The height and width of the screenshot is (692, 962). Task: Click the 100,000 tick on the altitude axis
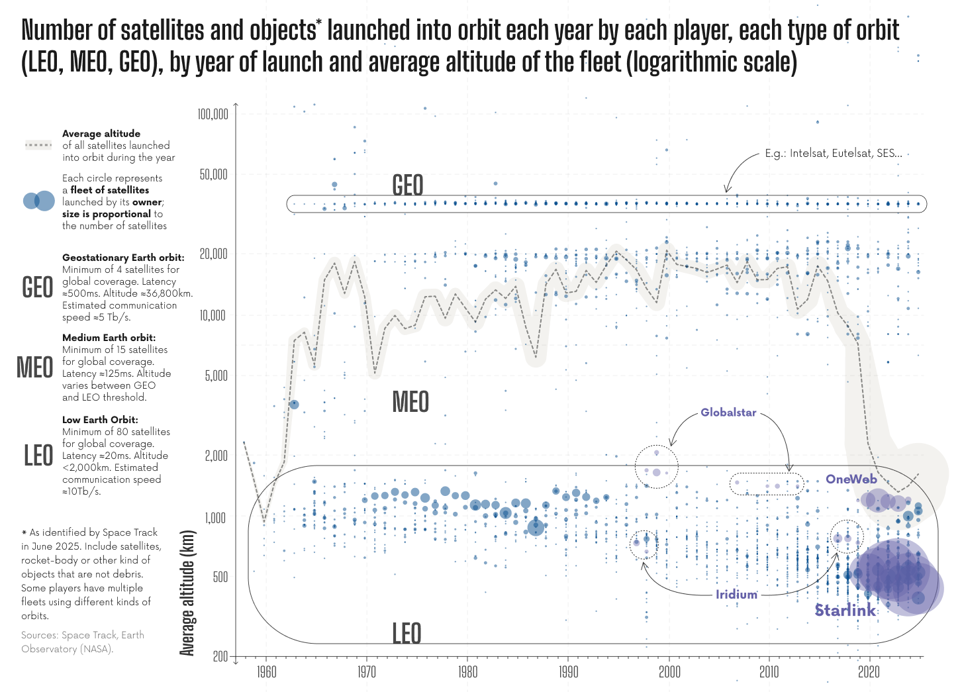tap(213, 114)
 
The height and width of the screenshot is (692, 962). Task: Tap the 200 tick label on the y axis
tap(220, 656)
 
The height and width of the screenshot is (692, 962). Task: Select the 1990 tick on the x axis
tap(568, 672)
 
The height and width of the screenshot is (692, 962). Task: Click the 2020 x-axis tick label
tap(869, 672)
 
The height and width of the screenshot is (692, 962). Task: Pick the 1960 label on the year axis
tap(266, 672)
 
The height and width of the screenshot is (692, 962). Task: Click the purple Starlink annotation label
tap(845, 610)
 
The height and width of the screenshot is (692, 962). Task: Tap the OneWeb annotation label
tap(851, 479)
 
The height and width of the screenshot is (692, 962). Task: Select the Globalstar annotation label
tap(728, 412)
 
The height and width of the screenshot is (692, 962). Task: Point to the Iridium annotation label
tap(736, 594)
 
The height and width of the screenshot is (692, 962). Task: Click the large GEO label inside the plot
tap(407, 185)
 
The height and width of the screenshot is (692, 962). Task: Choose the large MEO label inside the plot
tap(410, 402)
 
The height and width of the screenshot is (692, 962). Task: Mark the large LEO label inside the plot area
tap(407, 633)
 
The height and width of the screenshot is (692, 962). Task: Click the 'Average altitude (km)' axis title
tap(187, 593)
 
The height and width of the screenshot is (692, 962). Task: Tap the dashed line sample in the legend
tap(38, 145)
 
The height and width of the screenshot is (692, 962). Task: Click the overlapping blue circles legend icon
tap(38, 200)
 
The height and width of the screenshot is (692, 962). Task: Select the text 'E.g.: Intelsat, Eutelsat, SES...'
tap(833, 153)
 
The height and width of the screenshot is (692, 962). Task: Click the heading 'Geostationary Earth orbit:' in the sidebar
tap(123, 258)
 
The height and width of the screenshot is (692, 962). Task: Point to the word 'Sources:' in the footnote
tap(40, 635)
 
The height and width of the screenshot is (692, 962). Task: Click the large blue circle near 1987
tap(536, 527)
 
